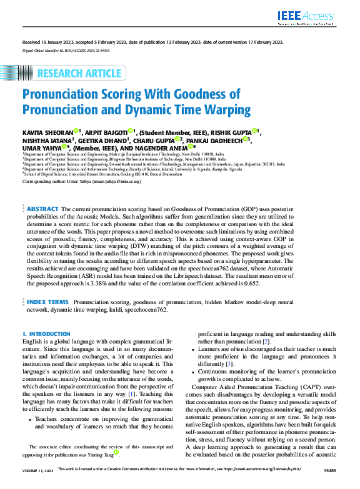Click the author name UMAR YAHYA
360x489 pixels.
[x=39, y=148]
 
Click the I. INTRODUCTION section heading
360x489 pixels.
[x=46, y=334]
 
